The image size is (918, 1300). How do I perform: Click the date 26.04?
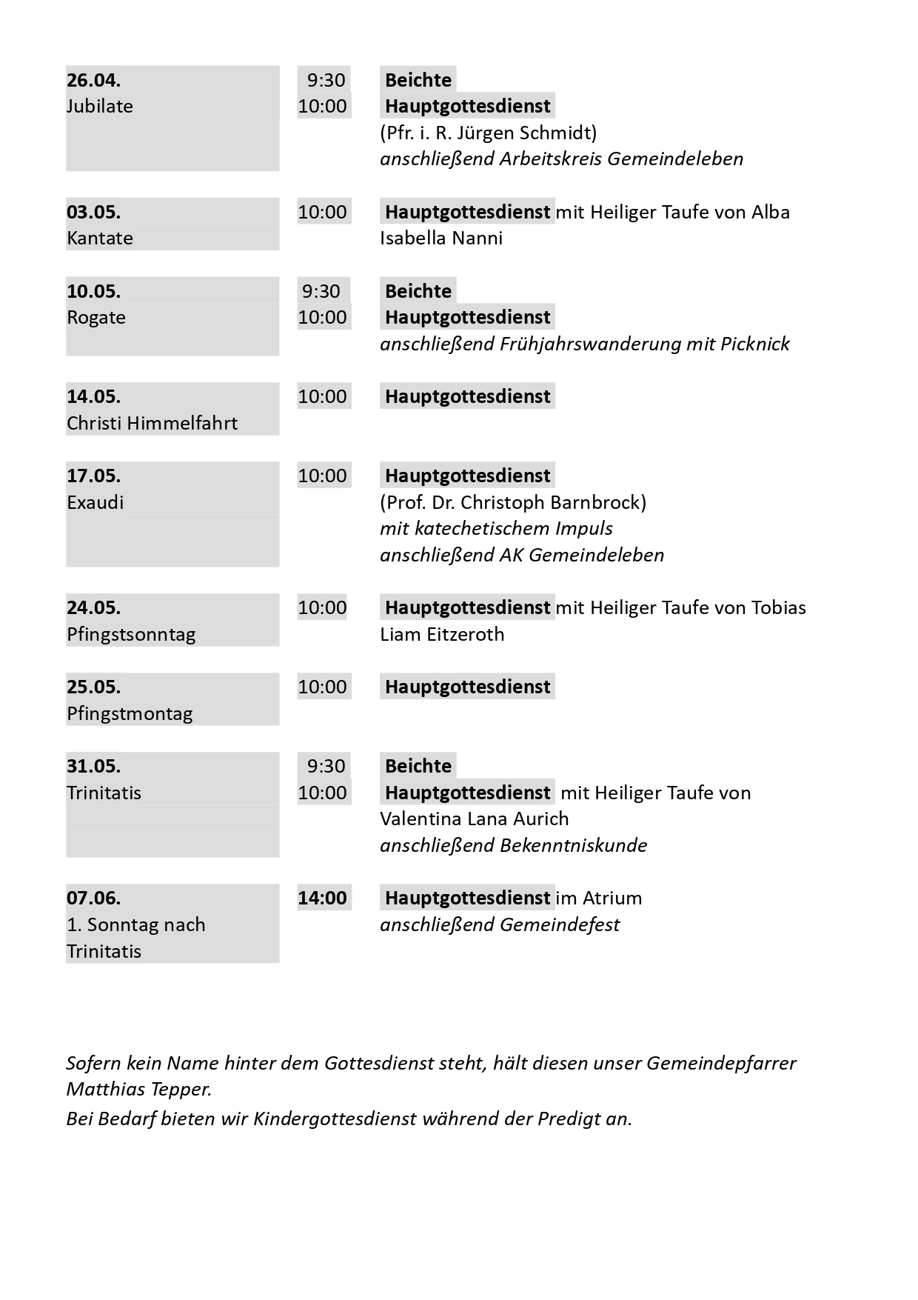(93, 80)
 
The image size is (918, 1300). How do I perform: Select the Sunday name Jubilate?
(100, 106)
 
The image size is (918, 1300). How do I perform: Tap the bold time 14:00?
(322, 898)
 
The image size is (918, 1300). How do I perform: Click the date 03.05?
(93, 212)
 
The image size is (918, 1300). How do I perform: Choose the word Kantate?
(100, 239)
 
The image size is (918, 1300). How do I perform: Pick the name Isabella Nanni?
(441, 239)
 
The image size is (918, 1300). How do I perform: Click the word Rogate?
(96, 318)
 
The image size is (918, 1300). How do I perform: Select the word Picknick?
(754, 344)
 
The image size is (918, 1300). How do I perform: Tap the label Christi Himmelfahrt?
(152, 423)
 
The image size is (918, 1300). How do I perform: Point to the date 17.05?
(93, 476)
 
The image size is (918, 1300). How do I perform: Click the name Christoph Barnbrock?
(552, 502)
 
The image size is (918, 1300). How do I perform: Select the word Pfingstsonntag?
(131, 635)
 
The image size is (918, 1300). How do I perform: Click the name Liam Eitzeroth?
(442, 635)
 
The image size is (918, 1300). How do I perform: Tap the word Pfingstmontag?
(130, 714)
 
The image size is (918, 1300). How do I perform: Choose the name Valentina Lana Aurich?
(474, 819)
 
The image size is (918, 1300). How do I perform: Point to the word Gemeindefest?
(560, 925)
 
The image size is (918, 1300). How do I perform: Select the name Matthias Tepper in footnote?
(138, 1090)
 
